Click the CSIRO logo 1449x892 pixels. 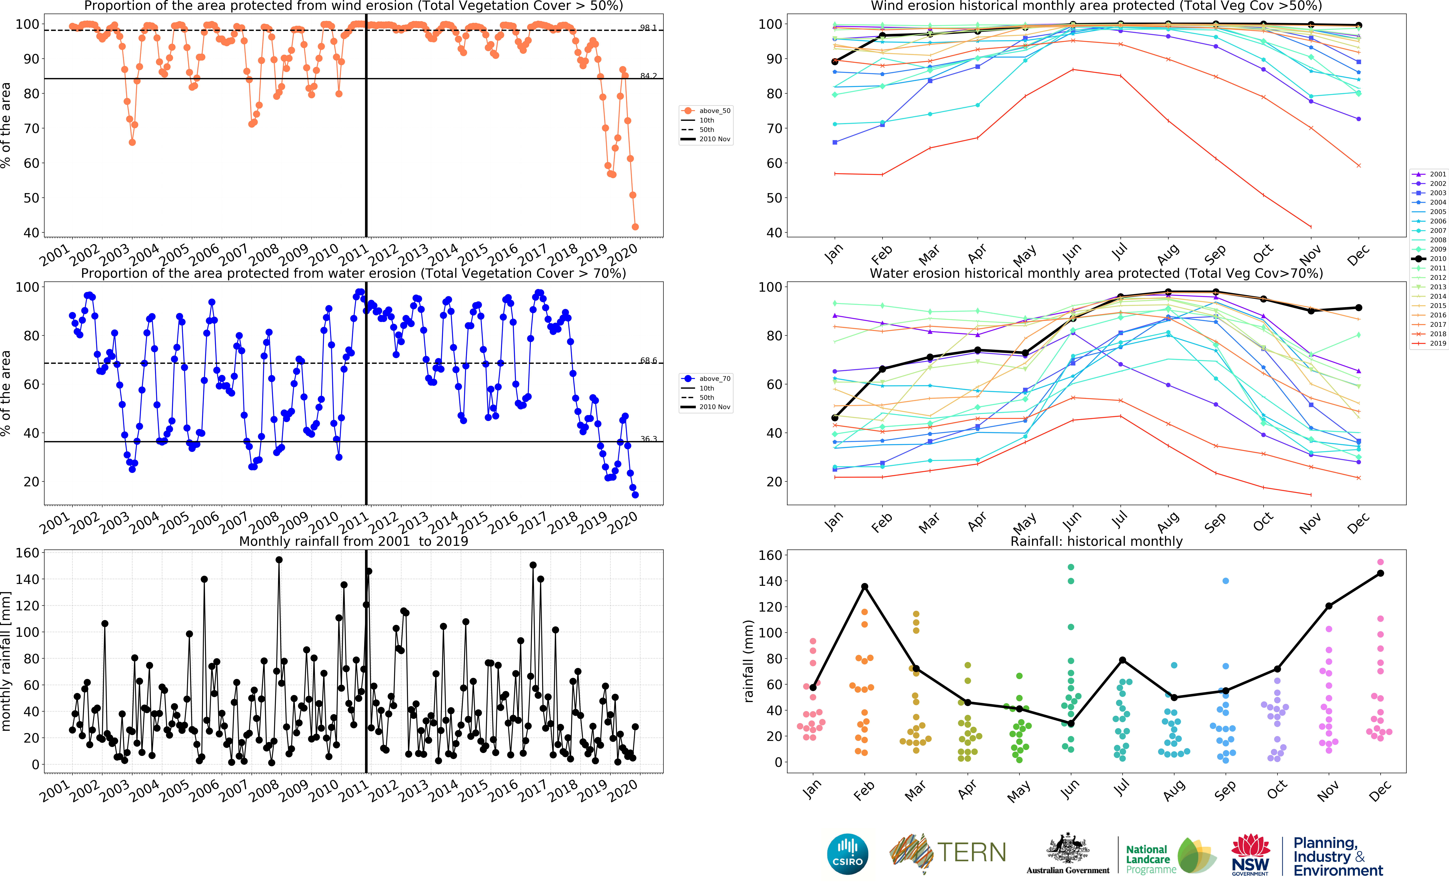(848, 854)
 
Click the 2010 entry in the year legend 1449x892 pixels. (1437, 258)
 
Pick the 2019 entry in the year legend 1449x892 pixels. (1437, 343)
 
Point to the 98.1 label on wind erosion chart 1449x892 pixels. (648, 28)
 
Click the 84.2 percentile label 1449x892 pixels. (648, 76)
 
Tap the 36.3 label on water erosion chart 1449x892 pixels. (648, 439)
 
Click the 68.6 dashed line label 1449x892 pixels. (648, 360)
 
